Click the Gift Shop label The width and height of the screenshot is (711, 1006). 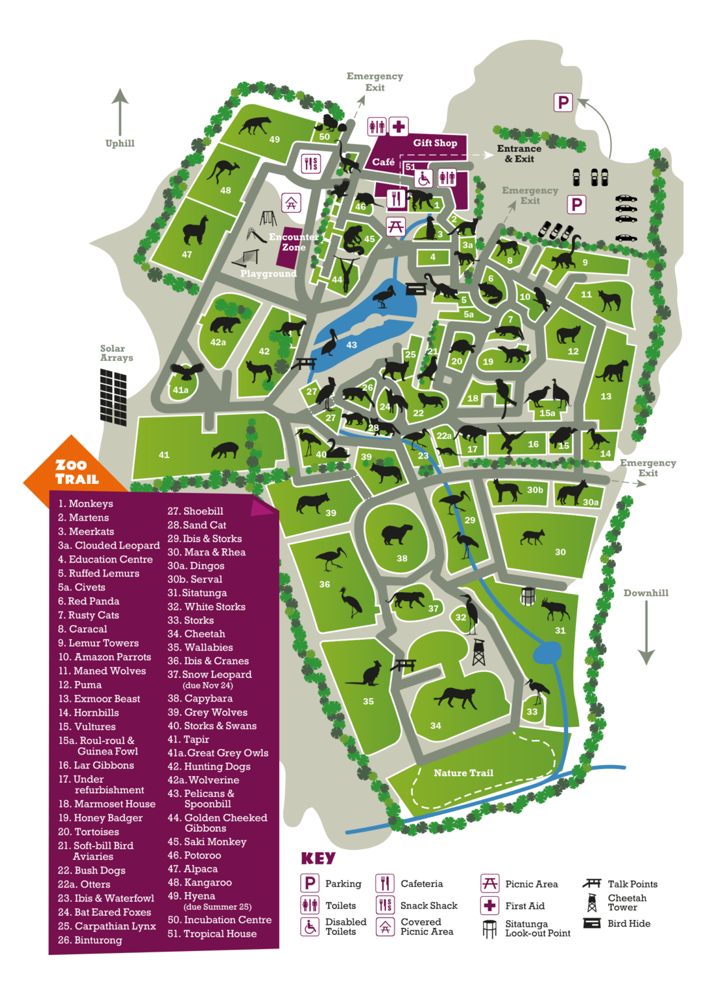434,143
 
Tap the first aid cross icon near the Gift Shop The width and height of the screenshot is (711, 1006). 398,126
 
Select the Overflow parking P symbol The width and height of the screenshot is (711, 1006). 563,102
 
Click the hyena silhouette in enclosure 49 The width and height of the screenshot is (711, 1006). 255,124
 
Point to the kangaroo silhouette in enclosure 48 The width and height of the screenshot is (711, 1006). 223,172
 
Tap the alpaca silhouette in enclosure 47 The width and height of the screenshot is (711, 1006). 195,230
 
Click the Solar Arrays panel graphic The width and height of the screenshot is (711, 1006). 113,396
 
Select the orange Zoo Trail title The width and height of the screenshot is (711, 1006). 77,472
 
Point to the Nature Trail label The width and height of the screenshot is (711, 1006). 463,773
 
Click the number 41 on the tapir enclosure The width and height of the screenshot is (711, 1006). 164,455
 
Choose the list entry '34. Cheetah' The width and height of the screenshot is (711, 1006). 196,633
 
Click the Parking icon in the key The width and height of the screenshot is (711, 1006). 310,883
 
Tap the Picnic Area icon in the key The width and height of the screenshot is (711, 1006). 490,883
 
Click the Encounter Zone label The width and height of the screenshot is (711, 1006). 294,242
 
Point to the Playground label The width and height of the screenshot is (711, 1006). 268,274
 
